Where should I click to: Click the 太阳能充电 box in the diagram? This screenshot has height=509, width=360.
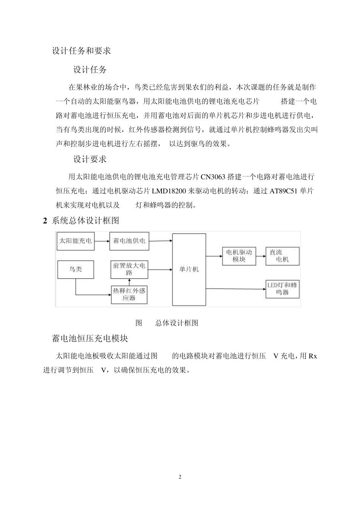75,240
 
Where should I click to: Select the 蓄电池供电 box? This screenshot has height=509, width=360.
130,240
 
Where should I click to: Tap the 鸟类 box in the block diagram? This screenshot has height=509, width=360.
75,269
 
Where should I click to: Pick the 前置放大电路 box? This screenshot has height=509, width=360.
130,269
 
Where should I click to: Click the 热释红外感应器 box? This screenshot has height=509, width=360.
130,294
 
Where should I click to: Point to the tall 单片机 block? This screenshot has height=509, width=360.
189,269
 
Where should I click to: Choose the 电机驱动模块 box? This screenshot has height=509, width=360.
239,256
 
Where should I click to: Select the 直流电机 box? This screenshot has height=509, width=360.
282,256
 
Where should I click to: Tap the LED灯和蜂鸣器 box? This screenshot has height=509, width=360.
282,289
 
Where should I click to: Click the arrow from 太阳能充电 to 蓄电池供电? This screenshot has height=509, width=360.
102,240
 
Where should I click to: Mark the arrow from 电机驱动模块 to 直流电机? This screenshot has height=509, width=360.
261,256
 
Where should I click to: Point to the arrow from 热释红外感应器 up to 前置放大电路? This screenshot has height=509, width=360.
130,282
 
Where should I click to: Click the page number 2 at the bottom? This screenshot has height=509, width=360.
180,477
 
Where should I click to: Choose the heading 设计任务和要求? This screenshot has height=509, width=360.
81,51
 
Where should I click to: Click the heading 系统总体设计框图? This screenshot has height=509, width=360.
85,221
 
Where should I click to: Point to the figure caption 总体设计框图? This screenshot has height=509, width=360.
177,323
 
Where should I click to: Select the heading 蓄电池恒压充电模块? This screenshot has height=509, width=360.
90,338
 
